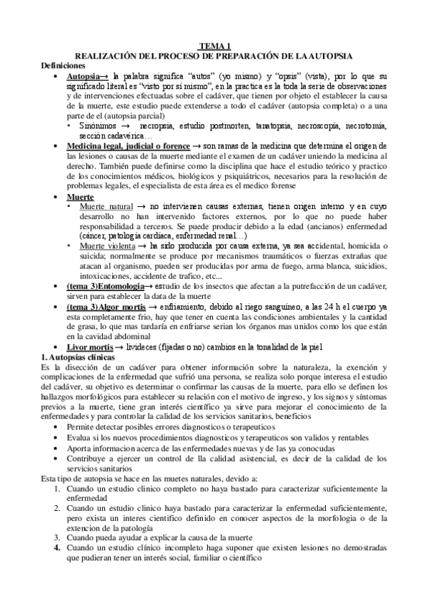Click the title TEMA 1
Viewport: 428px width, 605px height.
pyautogui.click(x=214, y=45)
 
